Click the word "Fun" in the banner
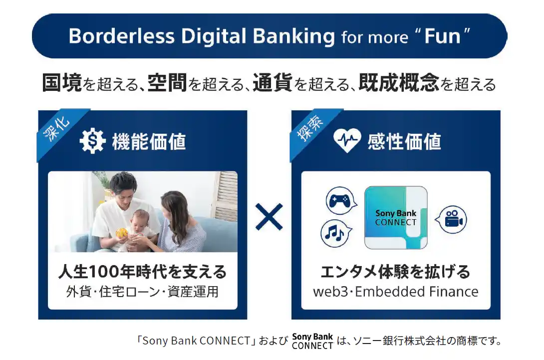coord(442,36)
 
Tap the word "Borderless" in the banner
coord(121,36)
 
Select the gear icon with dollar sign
coord(92,141)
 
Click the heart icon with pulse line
coord(347,141)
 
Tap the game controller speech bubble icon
coord(341,201)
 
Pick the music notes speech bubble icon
coord(336,233)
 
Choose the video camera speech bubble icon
coord(451,219)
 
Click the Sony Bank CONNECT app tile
coord(396,218)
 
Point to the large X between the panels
coord(269,217)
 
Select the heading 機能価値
coord(149,142)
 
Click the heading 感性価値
coord(404,142)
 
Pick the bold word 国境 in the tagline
coord(62,83)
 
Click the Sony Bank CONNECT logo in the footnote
coord(312,341)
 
